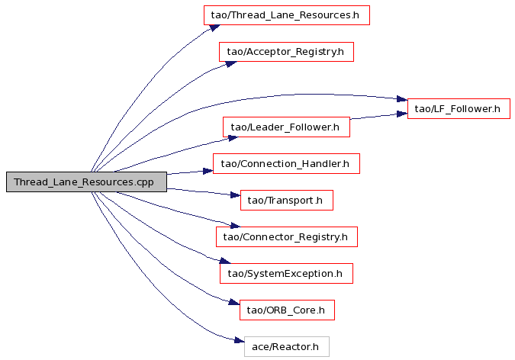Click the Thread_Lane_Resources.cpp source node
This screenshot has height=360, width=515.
coord(86,182)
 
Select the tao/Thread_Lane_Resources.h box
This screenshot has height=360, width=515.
coord(286,15)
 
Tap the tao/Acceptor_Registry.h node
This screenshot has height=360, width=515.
coord(286,52)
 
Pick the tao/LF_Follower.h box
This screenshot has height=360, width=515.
coord(459,108)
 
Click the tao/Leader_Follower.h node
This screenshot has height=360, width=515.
coord(286,127)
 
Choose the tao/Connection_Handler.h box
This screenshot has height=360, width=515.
coord(286,163)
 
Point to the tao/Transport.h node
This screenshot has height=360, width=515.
coord(287,200)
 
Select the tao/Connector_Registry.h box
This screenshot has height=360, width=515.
coord(287,237)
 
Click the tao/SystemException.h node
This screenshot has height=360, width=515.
coord(286,273)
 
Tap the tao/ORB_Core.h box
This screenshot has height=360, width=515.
coord(287,310)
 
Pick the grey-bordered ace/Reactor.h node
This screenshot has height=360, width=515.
coord(287,346)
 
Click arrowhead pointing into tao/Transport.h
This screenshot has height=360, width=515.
coord(236,195)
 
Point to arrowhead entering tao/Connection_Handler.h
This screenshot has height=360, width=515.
coord(208,171)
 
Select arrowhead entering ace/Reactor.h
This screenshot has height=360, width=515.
coord(240,341)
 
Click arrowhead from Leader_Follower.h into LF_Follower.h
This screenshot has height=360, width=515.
coord(402,114)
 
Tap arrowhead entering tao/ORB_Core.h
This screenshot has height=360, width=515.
coord(234,302)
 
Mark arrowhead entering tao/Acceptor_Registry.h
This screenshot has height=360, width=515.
coord(231,64)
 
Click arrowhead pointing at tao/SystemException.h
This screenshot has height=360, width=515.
coord(225,261)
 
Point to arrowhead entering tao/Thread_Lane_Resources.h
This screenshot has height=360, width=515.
coord(215,27)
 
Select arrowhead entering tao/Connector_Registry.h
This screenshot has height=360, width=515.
coord(235,225)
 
